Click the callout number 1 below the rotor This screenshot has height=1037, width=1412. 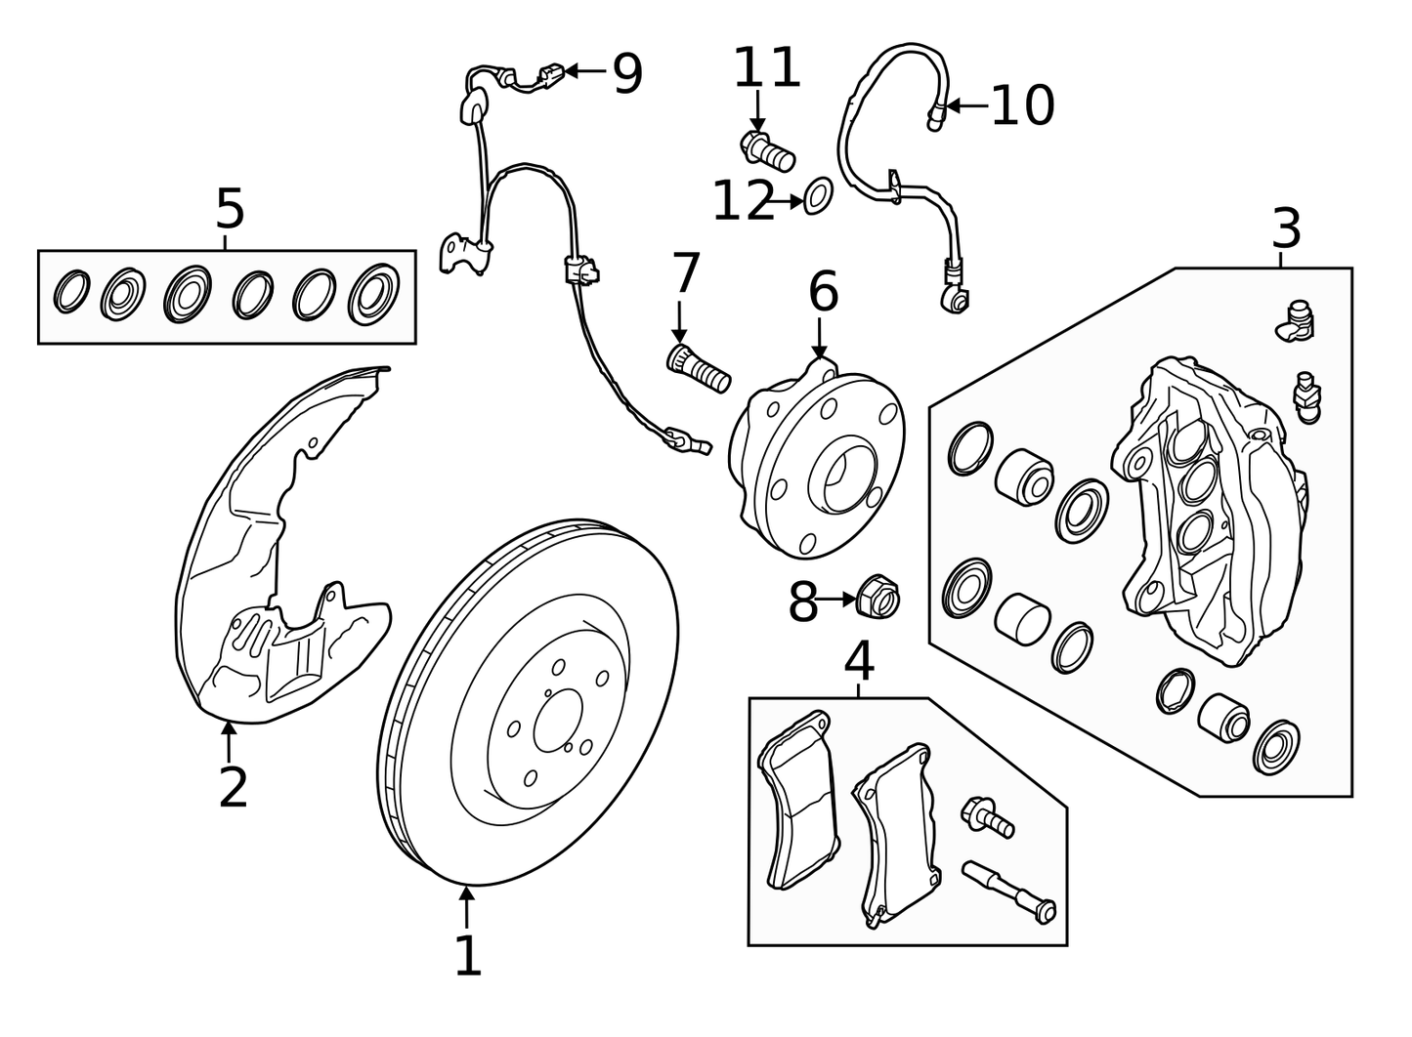coord(468,956)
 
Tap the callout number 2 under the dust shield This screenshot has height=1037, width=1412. coord(233,788)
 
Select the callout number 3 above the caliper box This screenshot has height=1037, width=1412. coord(1286,229)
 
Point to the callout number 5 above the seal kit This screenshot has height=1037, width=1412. coord(230,209)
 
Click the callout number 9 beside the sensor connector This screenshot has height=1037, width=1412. coord(627,74)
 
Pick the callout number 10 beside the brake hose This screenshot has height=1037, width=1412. coord(1022,105)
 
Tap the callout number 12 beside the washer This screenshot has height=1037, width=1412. coord(743,202)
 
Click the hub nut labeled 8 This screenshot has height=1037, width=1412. coord(877,598)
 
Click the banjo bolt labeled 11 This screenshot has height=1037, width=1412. coord(768,151)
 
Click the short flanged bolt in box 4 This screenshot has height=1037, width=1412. coord(989,816)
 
